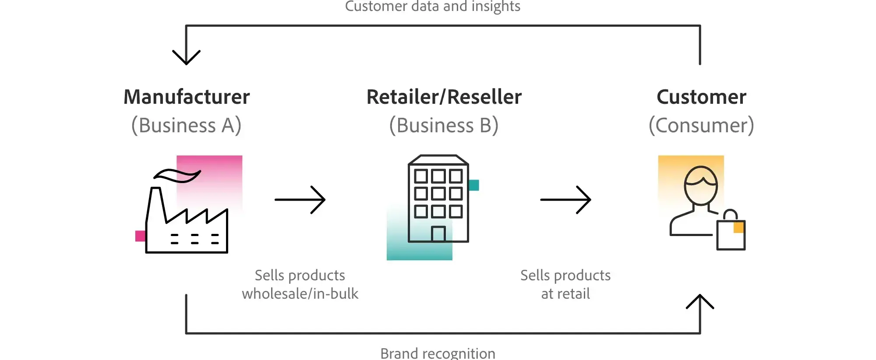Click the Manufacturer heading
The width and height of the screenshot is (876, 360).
point(187,97)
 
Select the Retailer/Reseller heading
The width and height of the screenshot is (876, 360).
point(444,97)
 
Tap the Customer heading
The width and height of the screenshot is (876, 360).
point(701,97)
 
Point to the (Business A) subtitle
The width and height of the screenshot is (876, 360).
point(187,125)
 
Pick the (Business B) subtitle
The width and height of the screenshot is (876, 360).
point(444,125)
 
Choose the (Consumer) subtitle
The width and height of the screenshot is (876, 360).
point(701,125)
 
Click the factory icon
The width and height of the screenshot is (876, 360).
point(187,219)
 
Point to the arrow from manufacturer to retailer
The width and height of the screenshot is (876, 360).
point(300,200)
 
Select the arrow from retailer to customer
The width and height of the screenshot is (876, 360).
point(565,200)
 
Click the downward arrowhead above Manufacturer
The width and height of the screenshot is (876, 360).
point(186,57)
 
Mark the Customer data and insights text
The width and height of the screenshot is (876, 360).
point(433,7)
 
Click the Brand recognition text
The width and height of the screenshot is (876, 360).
point(438,353)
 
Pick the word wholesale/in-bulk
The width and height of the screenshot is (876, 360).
point(300,293)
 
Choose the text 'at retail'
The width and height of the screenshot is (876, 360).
point(565,293)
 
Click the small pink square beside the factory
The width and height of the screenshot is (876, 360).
point(140,236)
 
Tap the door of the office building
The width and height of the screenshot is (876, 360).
point(438,234)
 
